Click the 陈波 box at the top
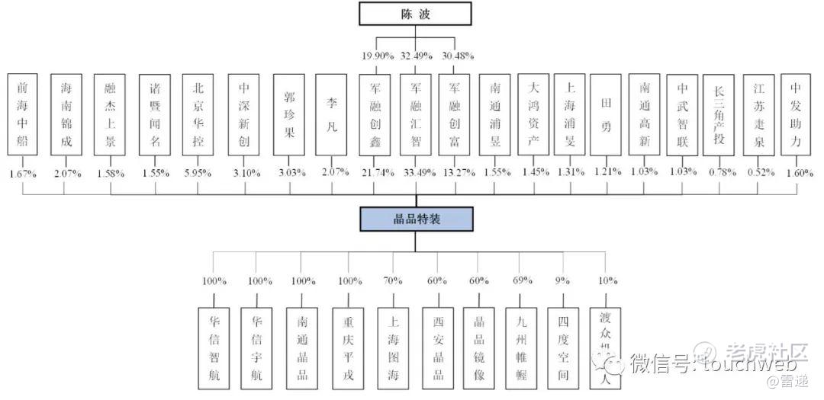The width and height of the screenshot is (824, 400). click(415, 14)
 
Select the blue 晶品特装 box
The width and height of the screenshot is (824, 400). click(416, 219)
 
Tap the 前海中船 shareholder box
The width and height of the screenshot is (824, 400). click(22, 114)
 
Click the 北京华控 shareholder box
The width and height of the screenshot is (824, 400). click(198, 114)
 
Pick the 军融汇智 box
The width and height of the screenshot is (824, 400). click(416, 114)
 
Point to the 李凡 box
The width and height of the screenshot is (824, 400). click(331, 114)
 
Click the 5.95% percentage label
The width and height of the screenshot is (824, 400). click(198, 171)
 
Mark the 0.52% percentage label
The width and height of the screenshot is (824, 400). click(758, 171)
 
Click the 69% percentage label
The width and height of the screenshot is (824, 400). click(522, 280)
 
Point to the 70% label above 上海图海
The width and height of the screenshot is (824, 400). click(393, 280)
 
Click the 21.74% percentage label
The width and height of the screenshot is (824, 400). click(375, 171)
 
